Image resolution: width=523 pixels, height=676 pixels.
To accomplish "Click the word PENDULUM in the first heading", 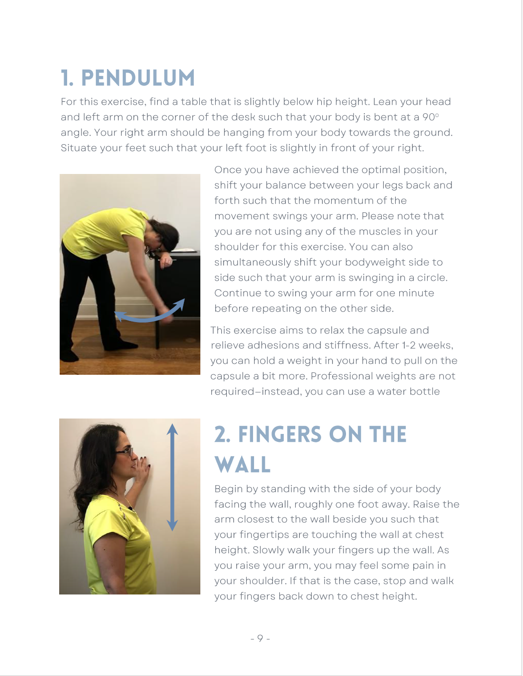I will click(138, 78).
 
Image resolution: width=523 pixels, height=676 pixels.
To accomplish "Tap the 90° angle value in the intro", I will click(430, 117).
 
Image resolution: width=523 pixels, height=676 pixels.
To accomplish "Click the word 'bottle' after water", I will click(424, 392).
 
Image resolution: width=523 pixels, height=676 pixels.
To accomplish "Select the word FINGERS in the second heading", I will click(280, 435).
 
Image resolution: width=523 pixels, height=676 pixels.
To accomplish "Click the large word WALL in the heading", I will click(243, 465).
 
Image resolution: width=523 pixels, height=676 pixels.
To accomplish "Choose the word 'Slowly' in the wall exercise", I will click(269, 550).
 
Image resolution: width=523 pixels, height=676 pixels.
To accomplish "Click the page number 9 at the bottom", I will click(260, 639).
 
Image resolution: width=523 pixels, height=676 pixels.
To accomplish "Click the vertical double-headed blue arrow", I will click(172, 477).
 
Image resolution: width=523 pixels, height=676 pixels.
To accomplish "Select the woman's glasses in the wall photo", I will click(125, 451).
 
